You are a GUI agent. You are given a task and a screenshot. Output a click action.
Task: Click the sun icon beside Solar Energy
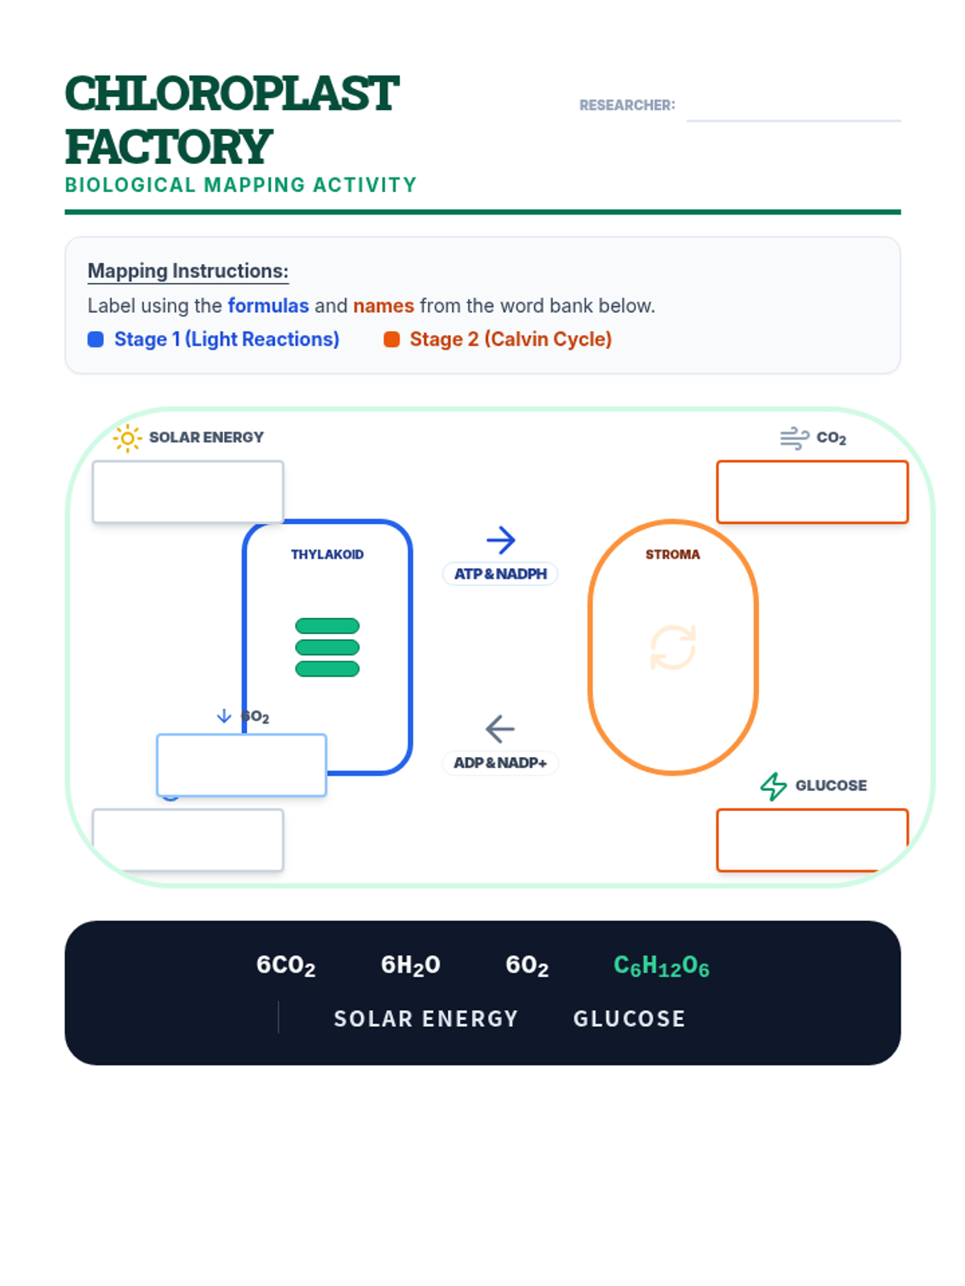click(x=127, y=438)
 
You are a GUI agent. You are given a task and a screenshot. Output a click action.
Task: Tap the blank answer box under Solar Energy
click(x=188, y=492)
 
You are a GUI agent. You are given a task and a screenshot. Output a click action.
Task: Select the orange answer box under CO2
click(x=812, y=492)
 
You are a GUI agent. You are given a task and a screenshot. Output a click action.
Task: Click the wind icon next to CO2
click(x=794, y=438)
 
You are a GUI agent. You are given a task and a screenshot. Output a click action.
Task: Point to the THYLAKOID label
click(x=327, y=555)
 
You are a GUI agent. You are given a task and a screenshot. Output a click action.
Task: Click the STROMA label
click(x=672, y=555)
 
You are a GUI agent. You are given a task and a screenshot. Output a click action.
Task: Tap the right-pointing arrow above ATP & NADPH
click(x=500, y=540)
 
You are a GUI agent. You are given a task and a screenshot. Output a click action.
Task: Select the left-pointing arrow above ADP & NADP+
click(x=500, y=729)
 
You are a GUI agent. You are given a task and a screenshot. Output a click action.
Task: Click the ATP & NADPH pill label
click(x=500, y=574)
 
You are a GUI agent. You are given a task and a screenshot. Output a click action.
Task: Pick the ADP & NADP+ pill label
click(x=500, y=763)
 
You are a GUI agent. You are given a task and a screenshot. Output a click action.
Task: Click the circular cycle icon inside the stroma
click(x=672, y=647)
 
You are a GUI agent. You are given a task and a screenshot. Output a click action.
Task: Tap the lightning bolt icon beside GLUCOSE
click(x=774, y=786)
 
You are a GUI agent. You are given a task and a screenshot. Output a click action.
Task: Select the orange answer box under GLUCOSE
click(x=812, y=840)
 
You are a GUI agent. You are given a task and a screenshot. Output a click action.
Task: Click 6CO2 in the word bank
click(x=285, y=965)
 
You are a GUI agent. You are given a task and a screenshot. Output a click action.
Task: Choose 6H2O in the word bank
click(x=410, y=965)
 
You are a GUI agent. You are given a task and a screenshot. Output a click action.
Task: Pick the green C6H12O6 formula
click(x=661, y=965)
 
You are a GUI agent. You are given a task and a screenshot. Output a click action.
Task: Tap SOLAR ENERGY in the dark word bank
click(x=425, y=1019)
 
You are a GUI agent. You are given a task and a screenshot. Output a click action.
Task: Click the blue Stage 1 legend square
click(x=96, y=339)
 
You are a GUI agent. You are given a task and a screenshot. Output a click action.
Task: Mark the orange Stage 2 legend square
click(x=392, y=339)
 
